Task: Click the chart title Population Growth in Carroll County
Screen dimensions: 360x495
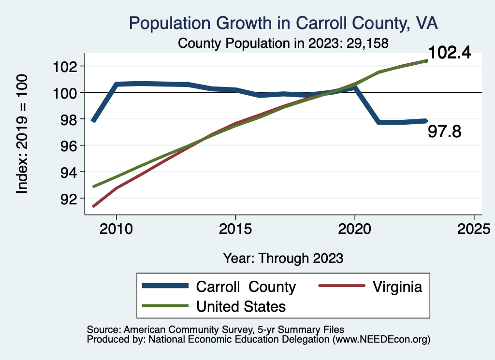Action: click(x=284, y=22)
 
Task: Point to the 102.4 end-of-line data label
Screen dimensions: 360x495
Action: click(x=450, y=53)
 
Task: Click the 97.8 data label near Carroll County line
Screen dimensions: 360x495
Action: click(x=445, y=131)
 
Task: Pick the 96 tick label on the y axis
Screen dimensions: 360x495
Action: click(x=67, y=145)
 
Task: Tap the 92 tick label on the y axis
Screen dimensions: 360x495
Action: click(x=67, y=199)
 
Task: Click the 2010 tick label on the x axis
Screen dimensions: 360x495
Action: click(x=116, y=229)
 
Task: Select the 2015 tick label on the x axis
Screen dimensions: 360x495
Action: click(x=235, y=229)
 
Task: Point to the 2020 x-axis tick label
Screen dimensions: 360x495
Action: click(x=355, y=229)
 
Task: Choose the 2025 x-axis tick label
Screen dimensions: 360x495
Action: click(x=474, y=229)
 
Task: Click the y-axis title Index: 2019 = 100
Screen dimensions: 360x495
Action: click(x=22, y=134)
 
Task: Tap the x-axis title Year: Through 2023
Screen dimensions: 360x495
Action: click(x=283, y=258)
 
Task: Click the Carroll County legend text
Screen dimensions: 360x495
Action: click(x=246, y=287)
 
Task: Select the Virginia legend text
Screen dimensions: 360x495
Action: click(x=397, y=287)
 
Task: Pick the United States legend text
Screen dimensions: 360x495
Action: click(x=241, y=306)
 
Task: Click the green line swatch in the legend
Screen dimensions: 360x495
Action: click(x=165, y=306)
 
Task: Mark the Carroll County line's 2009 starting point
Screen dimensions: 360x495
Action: click(x=93, y=120)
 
